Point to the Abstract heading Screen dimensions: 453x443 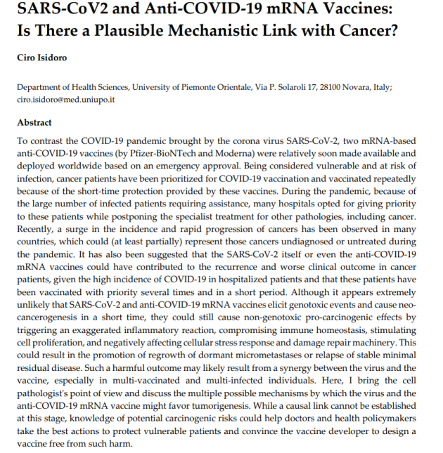34,122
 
